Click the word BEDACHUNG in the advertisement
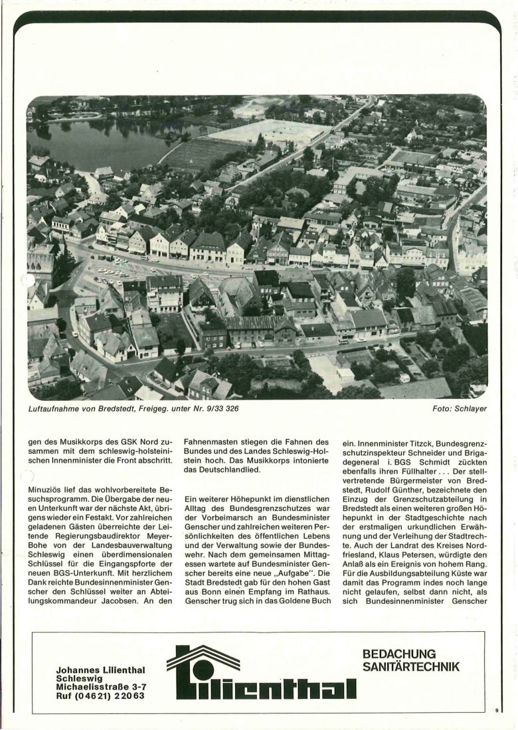coord(399,654)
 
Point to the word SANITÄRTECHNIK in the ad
coord(410,666)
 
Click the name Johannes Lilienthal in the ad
coord(101,670)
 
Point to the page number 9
coord(496,710)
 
